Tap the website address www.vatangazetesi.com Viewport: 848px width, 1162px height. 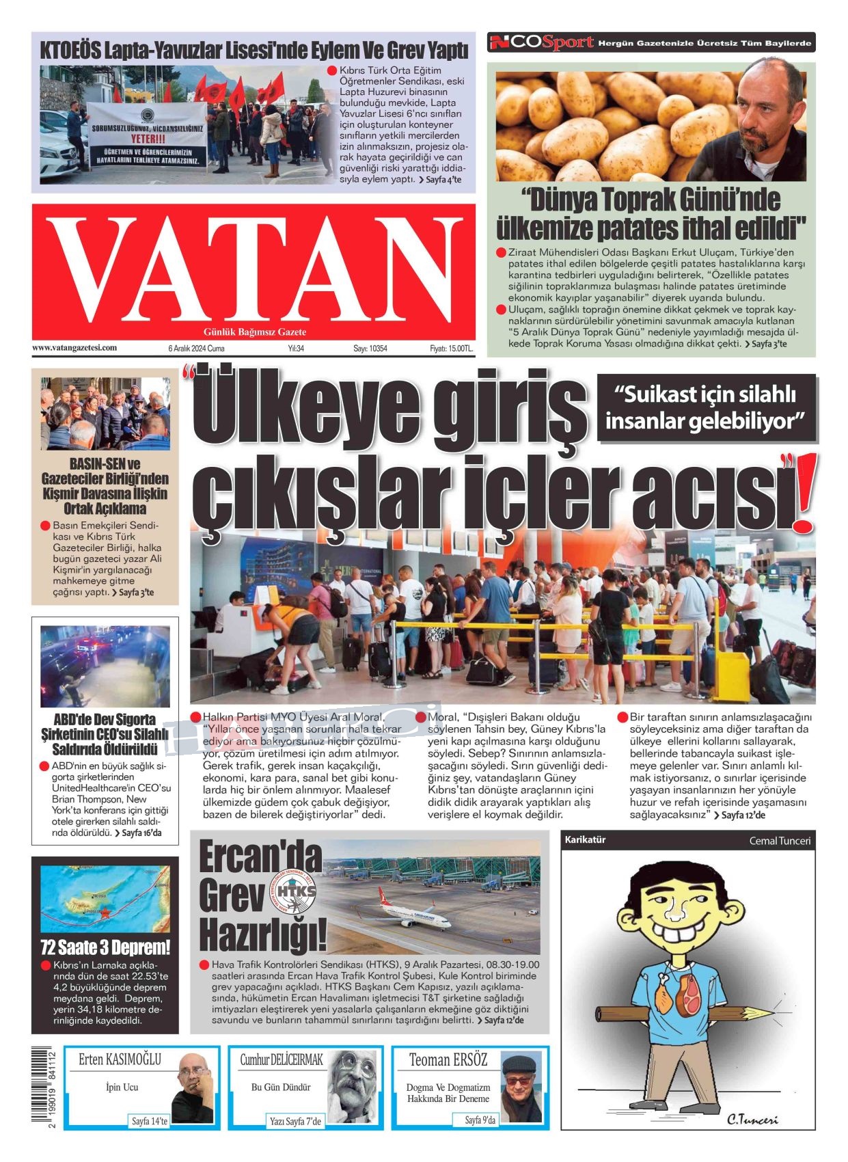[74, 348]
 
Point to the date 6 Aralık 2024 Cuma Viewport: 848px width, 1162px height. [196, 349]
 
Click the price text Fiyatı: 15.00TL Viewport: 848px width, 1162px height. [451, 349]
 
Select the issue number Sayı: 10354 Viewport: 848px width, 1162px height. [370, 349]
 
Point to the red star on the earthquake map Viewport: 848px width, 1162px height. [106, 913]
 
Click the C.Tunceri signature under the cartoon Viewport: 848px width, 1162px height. [752, 1120]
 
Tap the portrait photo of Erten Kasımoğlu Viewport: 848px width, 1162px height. [193, 1086]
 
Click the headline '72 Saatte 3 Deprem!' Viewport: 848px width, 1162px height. [105, 947]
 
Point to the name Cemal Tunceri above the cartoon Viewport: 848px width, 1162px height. [780, 841]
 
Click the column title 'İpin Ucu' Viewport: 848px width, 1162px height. [122, 1087]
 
